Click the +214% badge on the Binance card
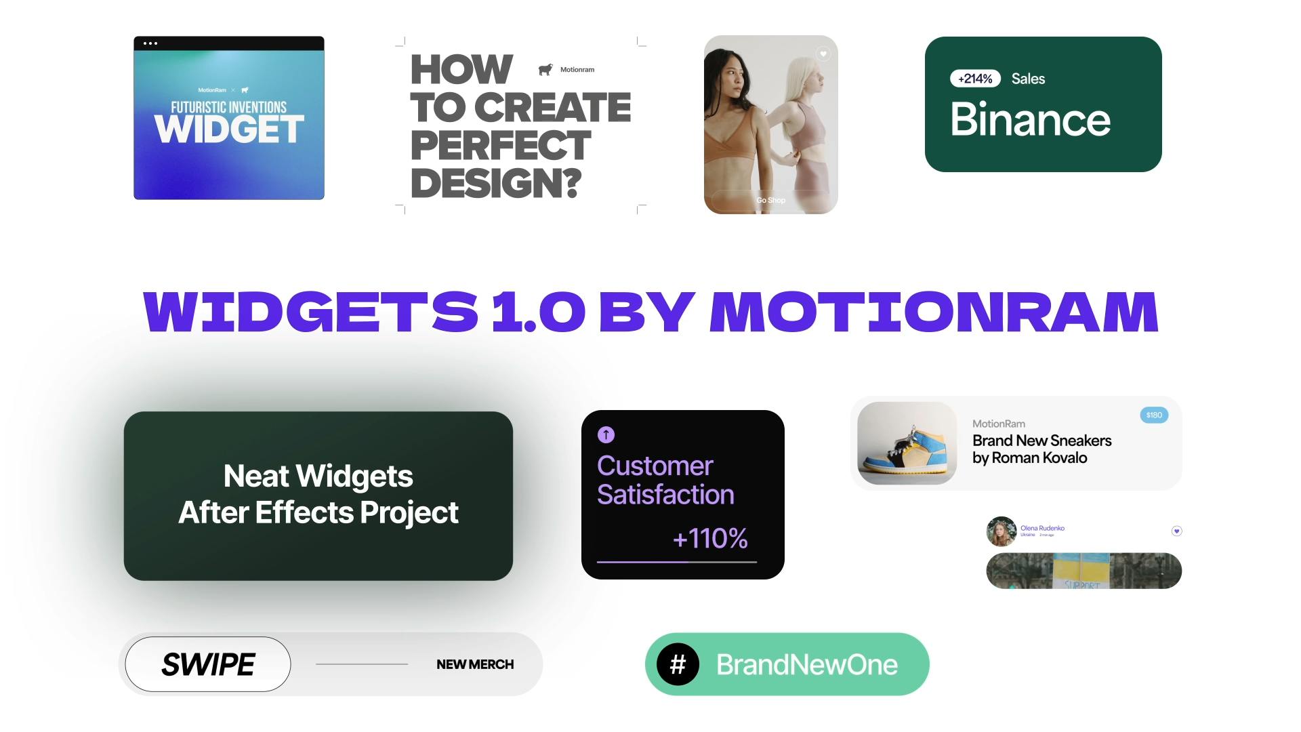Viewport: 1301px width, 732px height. point(975,79)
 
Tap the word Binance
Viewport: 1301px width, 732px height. point(1030,120)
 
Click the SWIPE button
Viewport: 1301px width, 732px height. point(208,664)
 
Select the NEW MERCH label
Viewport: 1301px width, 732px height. point(475,664)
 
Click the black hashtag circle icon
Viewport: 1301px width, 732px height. point(678,664)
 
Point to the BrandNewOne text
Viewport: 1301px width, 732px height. point(806,665)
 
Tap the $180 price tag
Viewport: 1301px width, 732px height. point(1154,415)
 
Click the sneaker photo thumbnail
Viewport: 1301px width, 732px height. point(907,443)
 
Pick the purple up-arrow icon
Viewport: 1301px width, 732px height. point(606,434)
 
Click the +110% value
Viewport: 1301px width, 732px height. point(710,539)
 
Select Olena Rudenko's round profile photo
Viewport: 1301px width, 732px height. point(1001,531)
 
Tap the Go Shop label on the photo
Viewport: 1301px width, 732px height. point(770,200)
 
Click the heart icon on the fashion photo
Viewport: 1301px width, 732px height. point(823,54)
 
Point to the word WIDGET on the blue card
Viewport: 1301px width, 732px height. point(229,129)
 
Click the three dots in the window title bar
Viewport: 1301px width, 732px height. point(150,43)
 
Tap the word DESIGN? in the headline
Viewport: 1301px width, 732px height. point(496,184)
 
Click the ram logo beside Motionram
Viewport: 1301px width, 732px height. point(545,70)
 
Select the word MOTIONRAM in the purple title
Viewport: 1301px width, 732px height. point(934,312)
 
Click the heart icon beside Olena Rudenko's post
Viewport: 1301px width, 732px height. point(1177,531)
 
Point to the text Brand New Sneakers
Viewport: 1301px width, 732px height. point(1041,441)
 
